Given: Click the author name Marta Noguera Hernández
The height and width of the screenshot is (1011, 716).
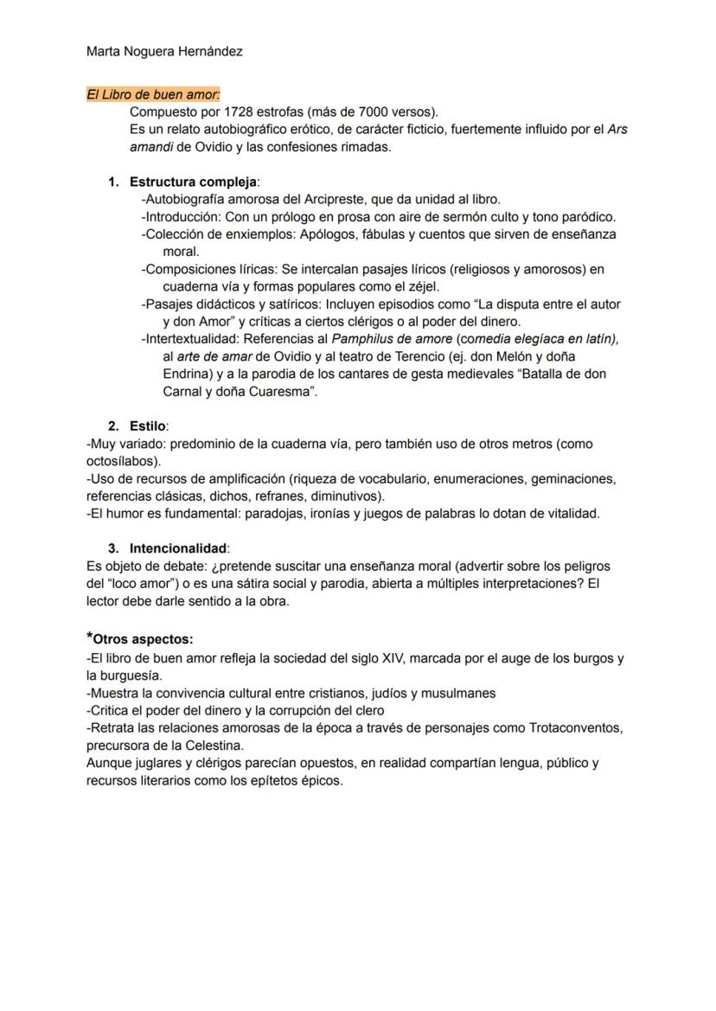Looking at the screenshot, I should (164, 52).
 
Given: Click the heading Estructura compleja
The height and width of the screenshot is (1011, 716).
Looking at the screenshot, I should (193, 182).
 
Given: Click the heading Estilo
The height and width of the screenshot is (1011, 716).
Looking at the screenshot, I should (148, 426).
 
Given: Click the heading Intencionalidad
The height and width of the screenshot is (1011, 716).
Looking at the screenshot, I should (178, 548).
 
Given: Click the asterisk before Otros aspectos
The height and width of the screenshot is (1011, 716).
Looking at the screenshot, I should (90, 638).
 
